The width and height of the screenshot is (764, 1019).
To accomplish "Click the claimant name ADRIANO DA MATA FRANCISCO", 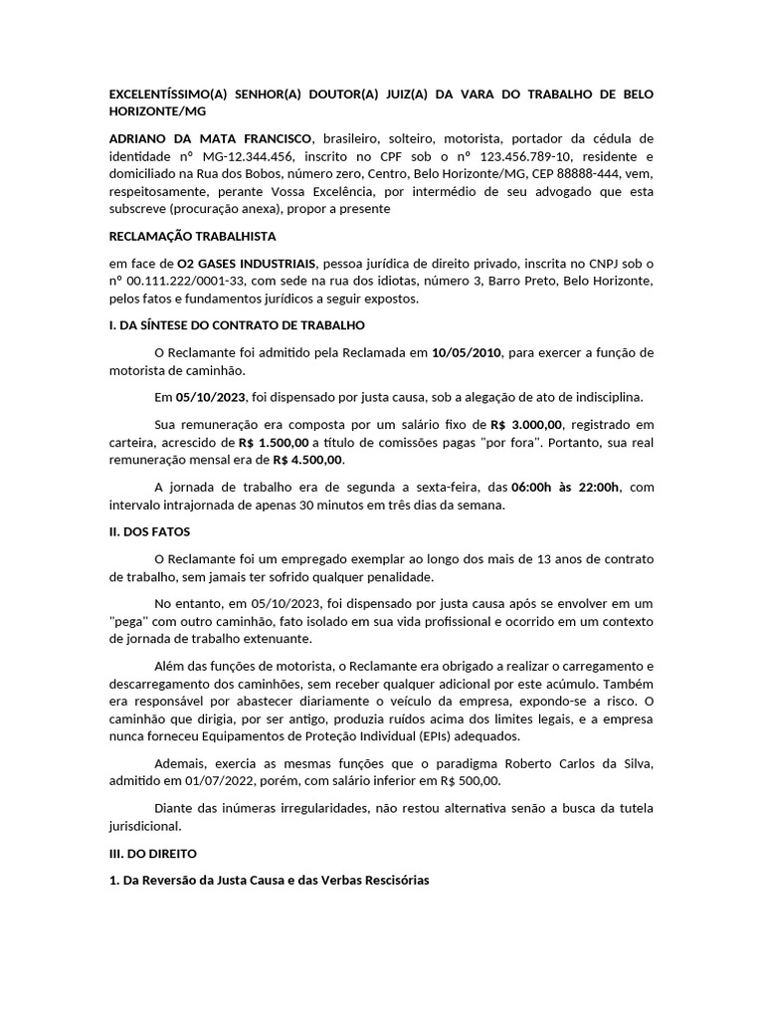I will coord(209,138).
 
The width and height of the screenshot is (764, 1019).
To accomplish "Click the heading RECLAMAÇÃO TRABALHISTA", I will coord(191,237).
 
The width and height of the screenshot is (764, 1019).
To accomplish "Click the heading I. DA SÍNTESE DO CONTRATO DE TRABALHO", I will coord(236,325).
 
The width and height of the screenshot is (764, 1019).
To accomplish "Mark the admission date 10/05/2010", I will coord(468,352).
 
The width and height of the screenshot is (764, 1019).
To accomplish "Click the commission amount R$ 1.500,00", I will coord(274,443).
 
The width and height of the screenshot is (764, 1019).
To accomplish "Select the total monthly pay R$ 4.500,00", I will coord(308,461).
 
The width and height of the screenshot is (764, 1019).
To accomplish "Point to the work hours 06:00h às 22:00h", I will coord(565,487).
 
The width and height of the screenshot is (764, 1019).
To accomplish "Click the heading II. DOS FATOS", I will coord(149,532).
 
